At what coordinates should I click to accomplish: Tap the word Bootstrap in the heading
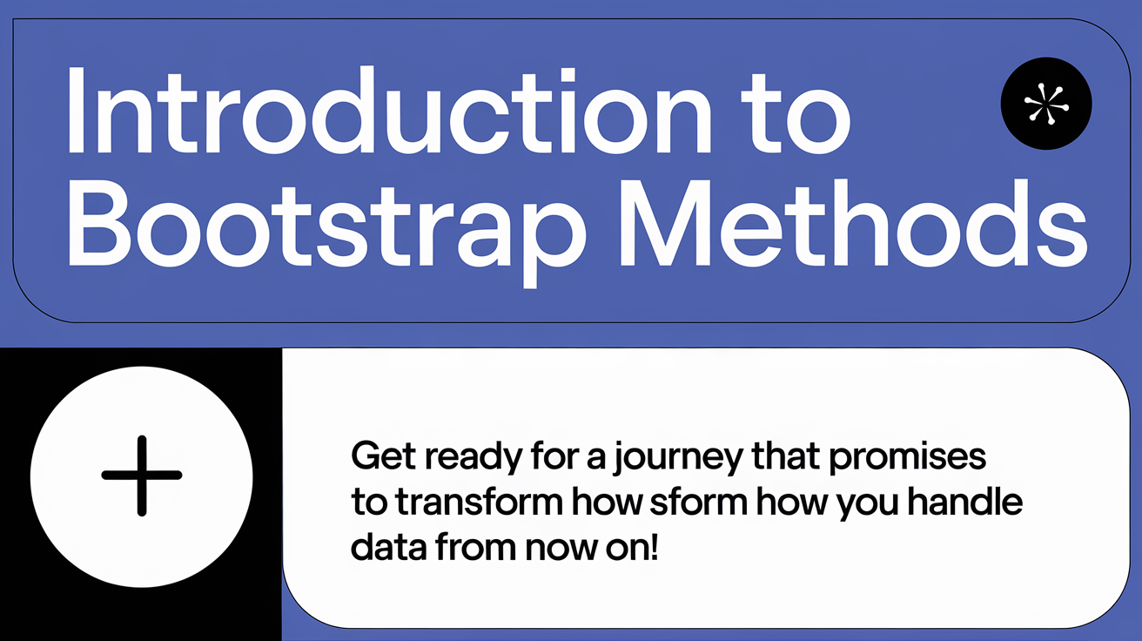tap(326, 229)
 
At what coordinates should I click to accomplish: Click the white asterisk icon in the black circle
tap(1046, 104)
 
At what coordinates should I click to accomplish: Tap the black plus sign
tap(142, 476)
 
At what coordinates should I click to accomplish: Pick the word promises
tap(908, 458)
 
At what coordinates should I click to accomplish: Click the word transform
tap(479, 502)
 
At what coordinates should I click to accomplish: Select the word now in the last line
tap(561, 550)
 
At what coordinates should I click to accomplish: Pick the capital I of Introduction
tap(76, 110)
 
